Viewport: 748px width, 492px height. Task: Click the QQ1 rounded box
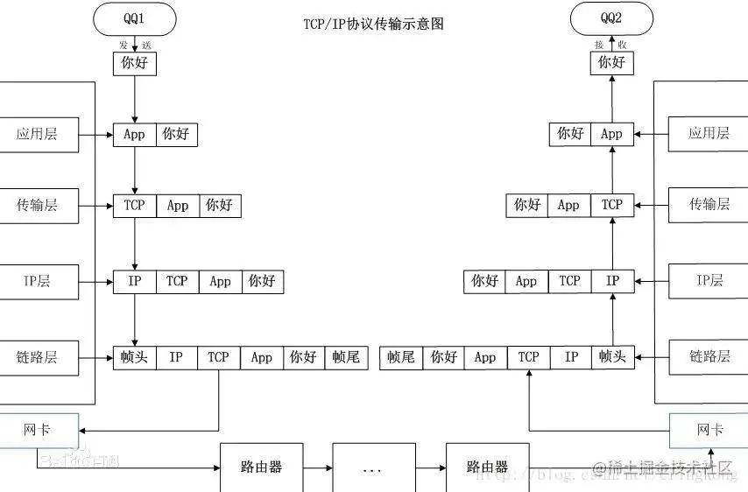tap(134, 18)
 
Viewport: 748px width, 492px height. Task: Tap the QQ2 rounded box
tap(611, 18)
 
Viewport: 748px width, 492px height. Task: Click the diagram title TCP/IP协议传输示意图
tap(373, 24)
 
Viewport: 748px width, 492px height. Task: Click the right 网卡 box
tap(709, 430)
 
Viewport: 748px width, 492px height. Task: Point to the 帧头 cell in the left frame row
tap(134, 357)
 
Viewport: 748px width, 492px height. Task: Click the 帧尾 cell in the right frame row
tap(400, 357)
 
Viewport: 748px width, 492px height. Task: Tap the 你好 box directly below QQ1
tap(134, 63)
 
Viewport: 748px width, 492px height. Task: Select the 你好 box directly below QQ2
tap(611, 63)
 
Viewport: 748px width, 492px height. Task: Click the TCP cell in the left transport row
tap(134, 206)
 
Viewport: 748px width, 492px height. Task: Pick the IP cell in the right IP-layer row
tap(612, 281)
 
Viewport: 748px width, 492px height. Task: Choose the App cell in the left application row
tap(134, 135)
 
